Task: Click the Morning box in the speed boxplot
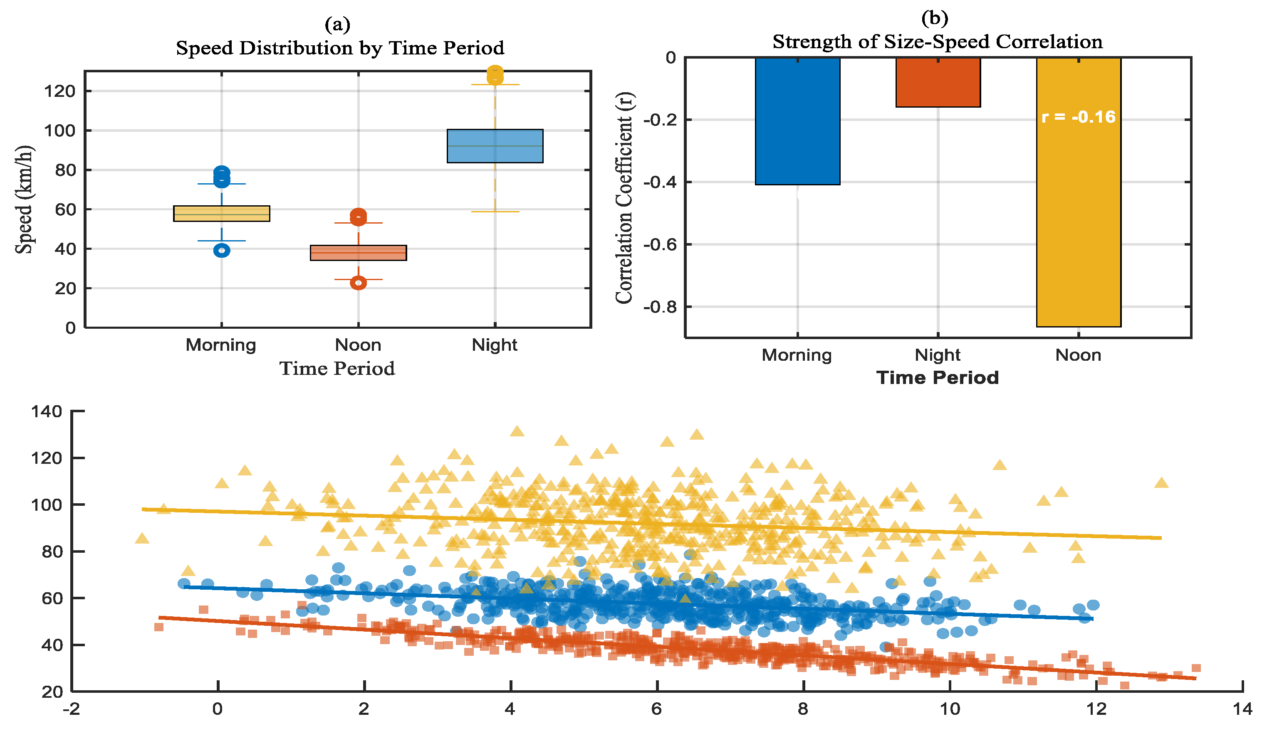pos(222,213)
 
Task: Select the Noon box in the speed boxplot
pos(358,253)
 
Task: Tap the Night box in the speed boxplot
pos(495,146)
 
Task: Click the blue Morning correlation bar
pos(797,121)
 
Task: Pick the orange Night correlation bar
pos(938,82)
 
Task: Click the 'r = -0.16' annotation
pos(1079,117)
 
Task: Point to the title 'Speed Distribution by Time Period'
pos(339,48)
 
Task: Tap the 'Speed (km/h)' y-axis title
pos(24,200)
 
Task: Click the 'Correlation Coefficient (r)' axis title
pos(624,198)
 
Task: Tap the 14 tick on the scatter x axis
pos(1242,709)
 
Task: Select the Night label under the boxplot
pos(494,345)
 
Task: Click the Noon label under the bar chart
pos(1078,355)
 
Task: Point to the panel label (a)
pos(337,24)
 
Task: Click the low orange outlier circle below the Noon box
pos(358,283)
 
